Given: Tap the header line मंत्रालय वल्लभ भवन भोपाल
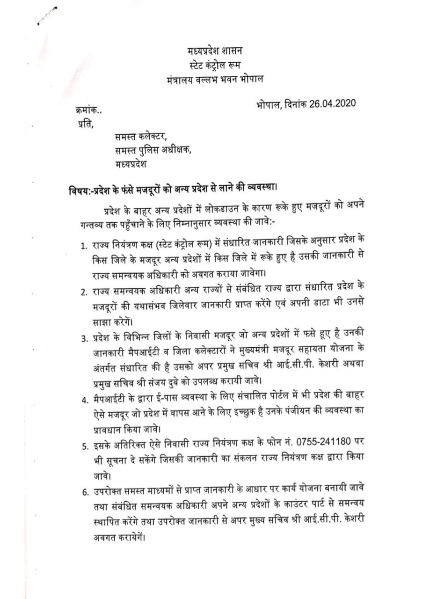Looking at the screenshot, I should (x=215, y=79).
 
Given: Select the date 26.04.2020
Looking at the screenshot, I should (x=332, y=103).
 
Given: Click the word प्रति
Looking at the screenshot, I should (x=86, y=124).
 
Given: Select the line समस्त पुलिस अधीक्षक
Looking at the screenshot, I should (x=153, y=151).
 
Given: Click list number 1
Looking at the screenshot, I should (x=83, y=246).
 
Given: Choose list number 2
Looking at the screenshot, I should (x=83, y=292).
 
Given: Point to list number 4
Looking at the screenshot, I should (x=84, y=400).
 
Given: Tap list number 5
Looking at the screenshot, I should (x=84, y=446).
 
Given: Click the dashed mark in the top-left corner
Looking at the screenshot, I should (x=47, y=15).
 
